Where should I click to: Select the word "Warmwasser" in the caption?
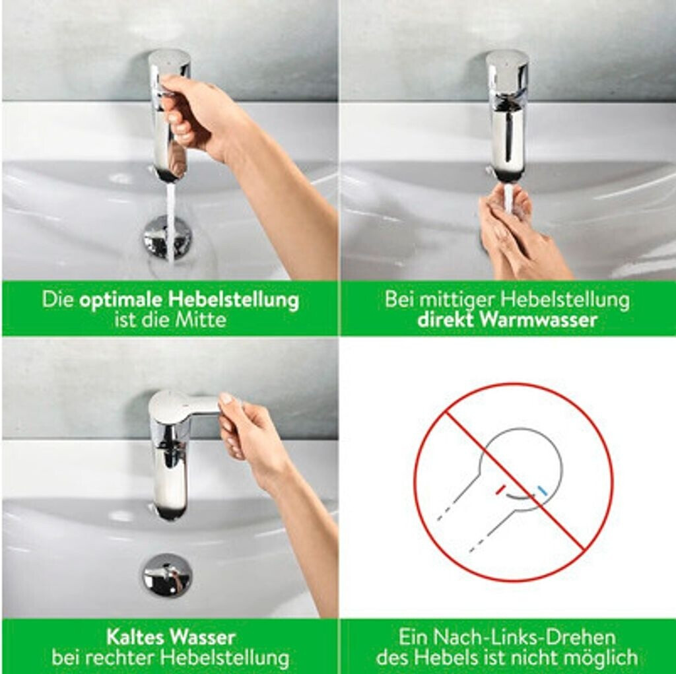(x=539, y=320)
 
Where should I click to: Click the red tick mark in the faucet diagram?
(x=500, y=489)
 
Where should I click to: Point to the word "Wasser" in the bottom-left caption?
(x=203, y=637)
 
